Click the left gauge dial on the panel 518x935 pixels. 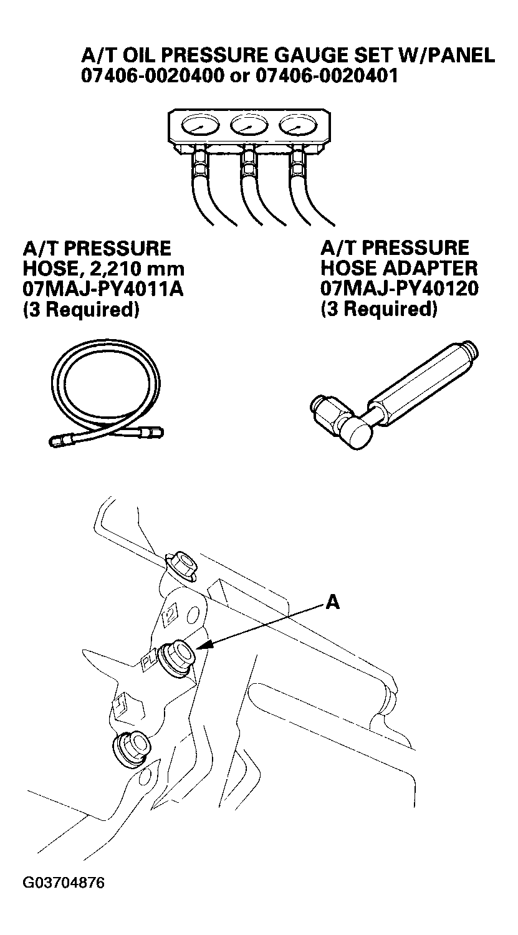[x=200, y=126]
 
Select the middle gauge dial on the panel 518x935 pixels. [x=249, y=126]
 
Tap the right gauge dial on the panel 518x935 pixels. [x=298, y=126]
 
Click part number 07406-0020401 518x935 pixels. [x=327, y=75]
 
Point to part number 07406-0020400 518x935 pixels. [x=152, y=75]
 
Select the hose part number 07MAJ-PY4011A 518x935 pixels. [x=103, y=289]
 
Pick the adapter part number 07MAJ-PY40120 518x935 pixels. [x=400, y=288]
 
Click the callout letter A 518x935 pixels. [x=333, y=602]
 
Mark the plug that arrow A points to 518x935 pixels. [x=178, y=657]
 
